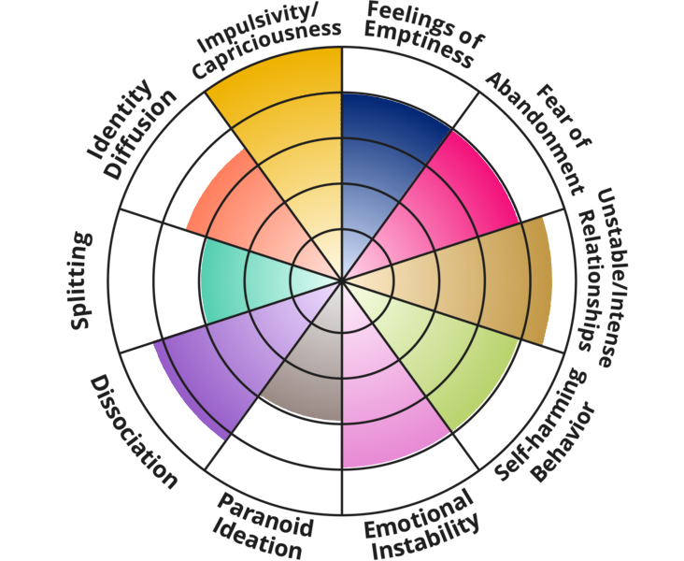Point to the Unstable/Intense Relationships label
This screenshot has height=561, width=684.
click(x=607, y=271)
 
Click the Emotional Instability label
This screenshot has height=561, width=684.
click(x=420, y=528)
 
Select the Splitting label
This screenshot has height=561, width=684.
click(x=81, y=280)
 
